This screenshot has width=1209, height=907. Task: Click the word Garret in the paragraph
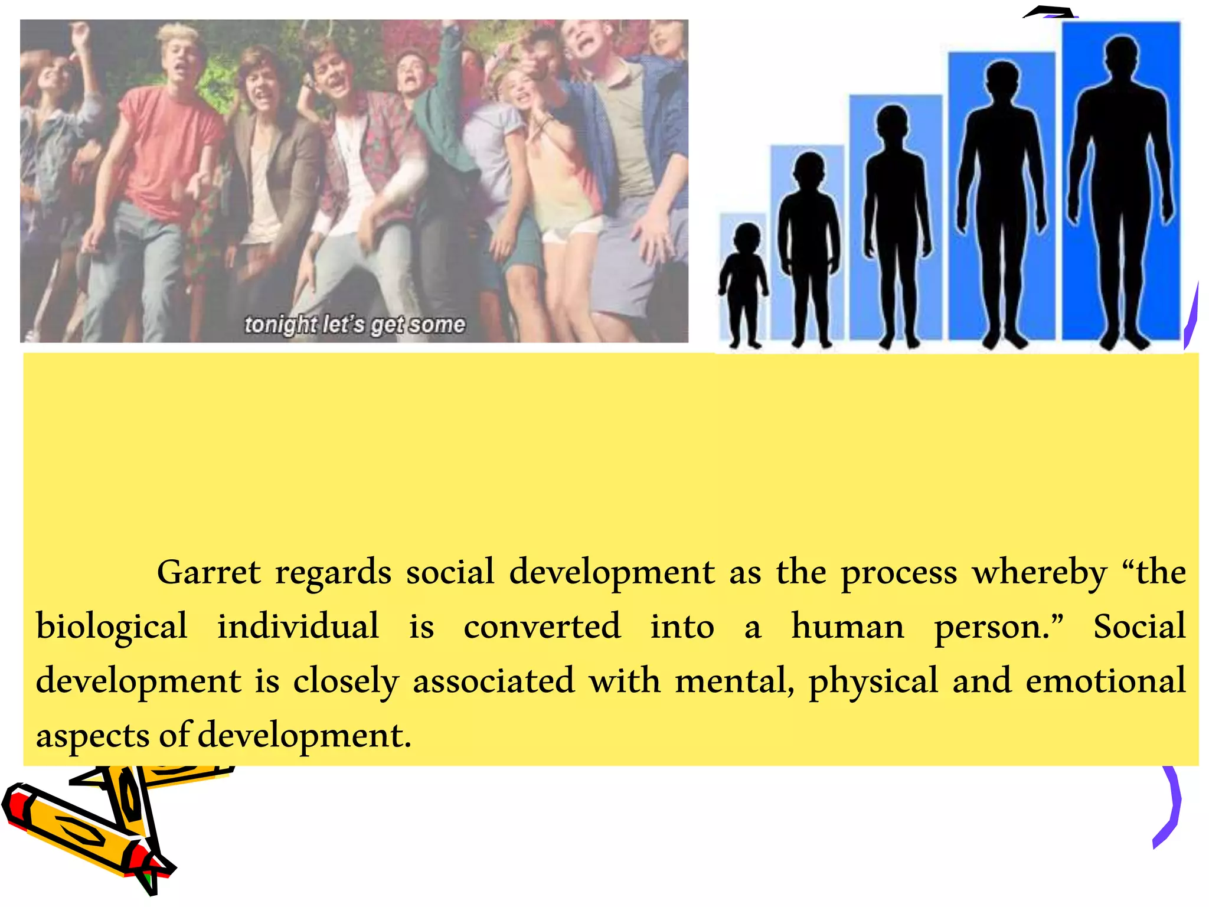point(208,572)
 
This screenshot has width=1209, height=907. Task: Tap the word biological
point(112,627)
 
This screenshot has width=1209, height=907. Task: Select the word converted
point(542,627)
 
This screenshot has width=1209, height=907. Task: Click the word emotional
point(1105,680)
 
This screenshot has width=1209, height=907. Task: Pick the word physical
point(873,681)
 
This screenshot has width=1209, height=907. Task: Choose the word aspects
point(93,736)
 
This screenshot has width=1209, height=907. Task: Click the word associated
point(493,680)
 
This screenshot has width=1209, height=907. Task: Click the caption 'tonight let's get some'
point(355,325)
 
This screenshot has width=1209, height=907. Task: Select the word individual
point(298,627)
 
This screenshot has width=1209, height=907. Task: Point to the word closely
point(346,681)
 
